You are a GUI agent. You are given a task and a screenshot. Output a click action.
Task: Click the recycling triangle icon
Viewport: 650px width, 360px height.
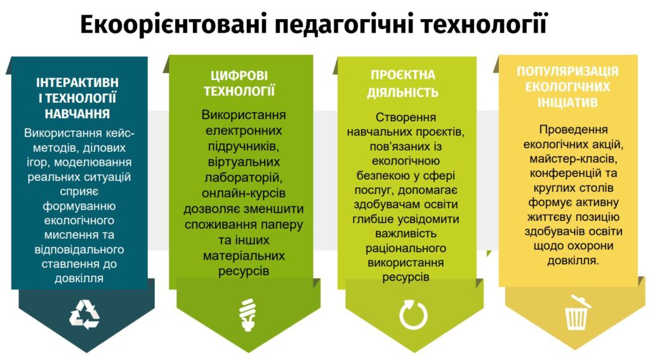coord(84,314)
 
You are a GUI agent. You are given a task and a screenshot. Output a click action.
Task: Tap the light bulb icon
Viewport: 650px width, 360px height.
coord(248,314)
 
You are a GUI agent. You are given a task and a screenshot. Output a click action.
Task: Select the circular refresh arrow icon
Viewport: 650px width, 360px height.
coord(413,315)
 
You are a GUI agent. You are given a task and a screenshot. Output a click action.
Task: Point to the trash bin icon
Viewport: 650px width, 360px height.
coord(578,312)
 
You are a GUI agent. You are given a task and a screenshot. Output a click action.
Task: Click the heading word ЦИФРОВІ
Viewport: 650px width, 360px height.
coord(239,76)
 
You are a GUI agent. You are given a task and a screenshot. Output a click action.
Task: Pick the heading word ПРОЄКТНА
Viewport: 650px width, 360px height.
coord(403,75)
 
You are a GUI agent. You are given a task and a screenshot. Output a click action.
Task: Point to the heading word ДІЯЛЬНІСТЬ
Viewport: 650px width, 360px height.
coord(402,92)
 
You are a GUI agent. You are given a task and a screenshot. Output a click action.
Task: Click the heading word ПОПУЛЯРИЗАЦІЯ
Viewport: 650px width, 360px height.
coord(567,71)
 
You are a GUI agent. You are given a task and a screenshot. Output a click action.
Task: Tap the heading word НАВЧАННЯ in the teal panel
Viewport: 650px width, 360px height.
coord(77,114)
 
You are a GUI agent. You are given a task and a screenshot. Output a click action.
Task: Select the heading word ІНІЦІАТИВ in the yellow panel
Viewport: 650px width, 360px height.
coord(567,102)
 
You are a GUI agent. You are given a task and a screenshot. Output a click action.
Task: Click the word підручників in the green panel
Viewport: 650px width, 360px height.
coord(244,147)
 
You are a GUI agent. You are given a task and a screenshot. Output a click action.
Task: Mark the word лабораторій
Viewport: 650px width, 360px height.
coord(243,178)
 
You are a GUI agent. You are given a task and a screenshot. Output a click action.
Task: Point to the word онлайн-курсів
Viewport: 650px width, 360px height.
coord(244,193)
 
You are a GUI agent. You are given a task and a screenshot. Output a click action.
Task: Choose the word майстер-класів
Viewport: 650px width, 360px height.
coord(573,159)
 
